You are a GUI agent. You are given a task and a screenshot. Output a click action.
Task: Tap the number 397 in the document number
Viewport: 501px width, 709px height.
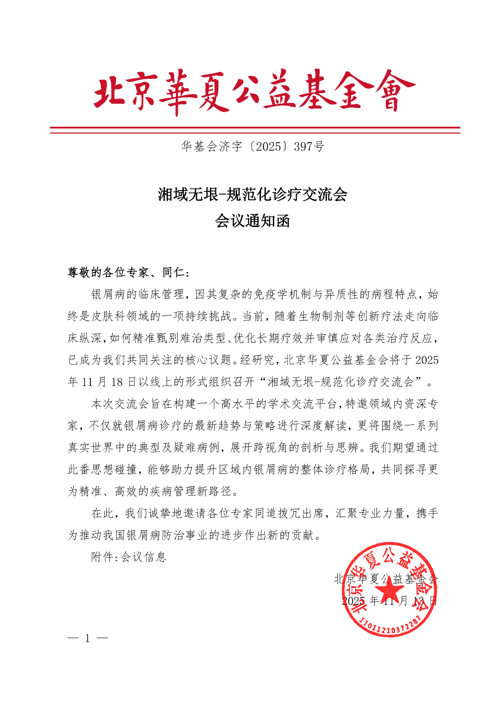click(x=303, y=147)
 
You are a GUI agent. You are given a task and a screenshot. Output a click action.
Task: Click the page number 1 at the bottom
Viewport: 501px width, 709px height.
click(x=88, y=639)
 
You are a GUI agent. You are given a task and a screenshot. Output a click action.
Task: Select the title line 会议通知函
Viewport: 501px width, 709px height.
click(x=252, y=221)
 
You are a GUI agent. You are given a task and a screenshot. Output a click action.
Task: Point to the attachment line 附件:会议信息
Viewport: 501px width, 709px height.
click(x=128, y=557)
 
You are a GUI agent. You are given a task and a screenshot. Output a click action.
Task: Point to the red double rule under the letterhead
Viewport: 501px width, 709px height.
click(x=255, y=130)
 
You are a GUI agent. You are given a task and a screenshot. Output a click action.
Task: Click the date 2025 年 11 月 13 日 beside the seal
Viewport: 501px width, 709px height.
click(x=389, y=601)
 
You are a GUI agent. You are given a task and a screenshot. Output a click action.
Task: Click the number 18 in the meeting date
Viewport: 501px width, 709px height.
click(x=117, y=382)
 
